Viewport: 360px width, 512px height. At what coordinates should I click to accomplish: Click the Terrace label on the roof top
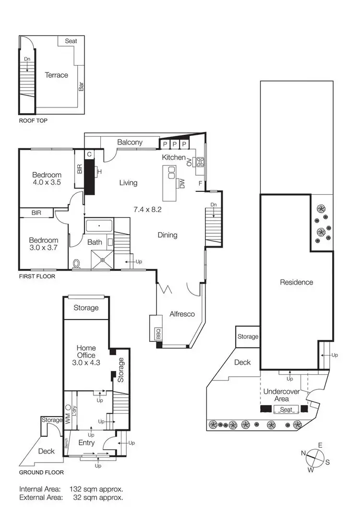tap(57, 75)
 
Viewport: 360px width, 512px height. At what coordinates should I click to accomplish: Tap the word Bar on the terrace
tap(82, 87)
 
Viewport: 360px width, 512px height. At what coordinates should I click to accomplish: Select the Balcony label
tap(130, 142)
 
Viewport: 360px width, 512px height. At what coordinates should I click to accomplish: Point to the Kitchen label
tap(173, 157)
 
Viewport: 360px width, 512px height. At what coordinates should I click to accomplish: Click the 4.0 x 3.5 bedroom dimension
tap(47, 183)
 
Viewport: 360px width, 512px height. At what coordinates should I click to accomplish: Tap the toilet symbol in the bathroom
tap(77, 264)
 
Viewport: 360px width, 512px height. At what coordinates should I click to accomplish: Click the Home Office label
tap(86, 352)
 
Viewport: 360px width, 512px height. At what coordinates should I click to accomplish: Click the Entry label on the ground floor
tap(86, 442)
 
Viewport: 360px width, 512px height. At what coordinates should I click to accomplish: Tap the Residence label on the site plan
tap(297, 282)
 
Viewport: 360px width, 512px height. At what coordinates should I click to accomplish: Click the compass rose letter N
tap(303, 453)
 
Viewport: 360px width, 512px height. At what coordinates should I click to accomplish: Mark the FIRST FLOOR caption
tap(37, 276)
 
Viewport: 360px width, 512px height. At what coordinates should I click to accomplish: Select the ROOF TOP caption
tap(34, 121)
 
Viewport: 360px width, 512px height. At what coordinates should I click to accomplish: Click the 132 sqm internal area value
tap(96, 489)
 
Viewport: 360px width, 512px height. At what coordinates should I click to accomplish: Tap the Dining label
tap(168, 235)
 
